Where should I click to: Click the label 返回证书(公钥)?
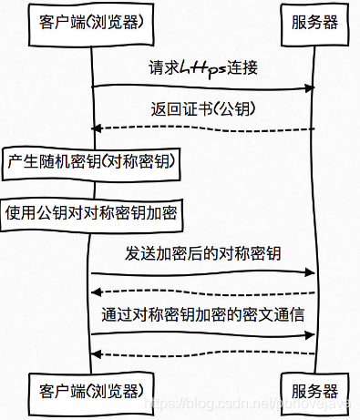click(202, 108)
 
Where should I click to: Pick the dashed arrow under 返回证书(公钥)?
click(202, 128)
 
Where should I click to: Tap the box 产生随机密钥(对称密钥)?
click(91, 162)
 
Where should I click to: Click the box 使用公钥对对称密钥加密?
click(91, 213)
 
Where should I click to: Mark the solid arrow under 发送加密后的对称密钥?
click(202, 272)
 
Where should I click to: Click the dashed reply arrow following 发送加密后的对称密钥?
click(202, 292)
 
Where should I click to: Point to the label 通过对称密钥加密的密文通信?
click(202, 314)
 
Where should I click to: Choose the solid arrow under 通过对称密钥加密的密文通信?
click(202, 333)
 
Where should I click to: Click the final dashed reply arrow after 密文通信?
click(202, 353)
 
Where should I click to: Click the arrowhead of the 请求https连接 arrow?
click(309, 87)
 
